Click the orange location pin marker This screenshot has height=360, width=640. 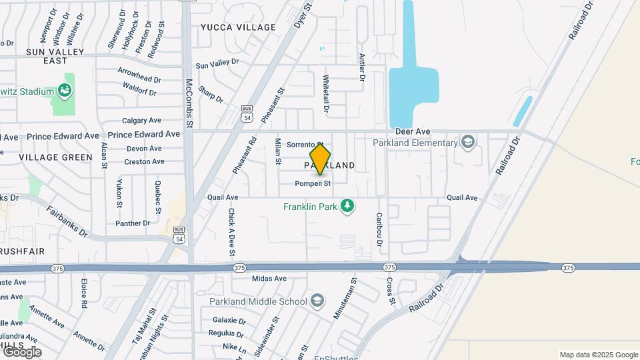[x=320, y=159]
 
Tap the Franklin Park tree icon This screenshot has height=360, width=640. [x=347, y=206]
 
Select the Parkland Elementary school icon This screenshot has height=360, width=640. [x=468, y=142]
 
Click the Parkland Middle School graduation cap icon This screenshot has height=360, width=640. [x=317, y=301]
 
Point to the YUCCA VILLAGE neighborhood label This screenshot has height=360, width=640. [x=238, y=27]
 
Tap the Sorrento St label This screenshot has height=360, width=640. [x=304, y=145]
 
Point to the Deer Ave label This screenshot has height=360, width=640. [x=413, y=132]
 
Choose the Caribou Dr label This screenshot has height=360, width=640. [x=379, y=229]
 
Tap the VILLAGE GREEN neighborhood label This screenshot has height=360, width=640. [x=55, y=157]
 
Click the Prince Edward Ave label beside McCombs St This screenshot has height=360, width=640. [x=144, y=134]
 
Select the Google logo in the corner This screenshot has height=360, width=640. [x=22, y=351]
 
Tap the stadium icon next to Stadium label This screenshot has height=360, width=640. [x=64, y=90]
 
